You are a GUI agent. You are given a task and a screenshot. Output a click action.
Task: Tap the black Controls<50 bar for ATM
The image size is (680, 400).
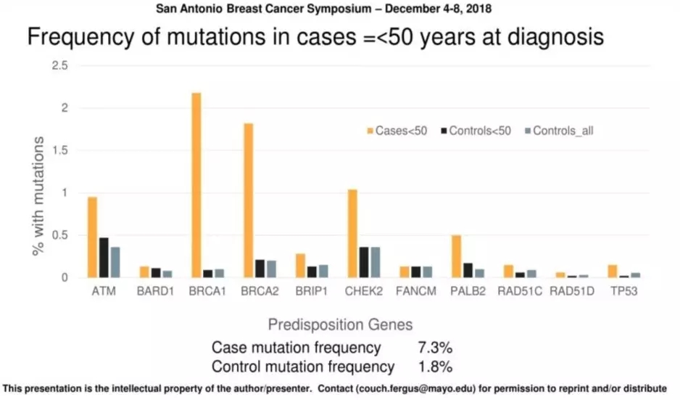pos(104,258)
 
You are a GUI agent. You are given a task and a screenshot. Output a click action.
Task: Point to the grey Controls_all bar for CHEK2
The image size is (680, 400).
pos(376,262)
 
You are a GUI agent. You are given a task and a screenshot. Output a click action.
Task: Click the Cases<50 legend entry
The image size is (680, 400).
pos(397,131)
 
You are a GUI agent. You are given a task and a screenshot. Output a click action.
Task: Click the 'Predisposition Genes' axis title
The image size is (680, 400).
pos(340,325)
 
